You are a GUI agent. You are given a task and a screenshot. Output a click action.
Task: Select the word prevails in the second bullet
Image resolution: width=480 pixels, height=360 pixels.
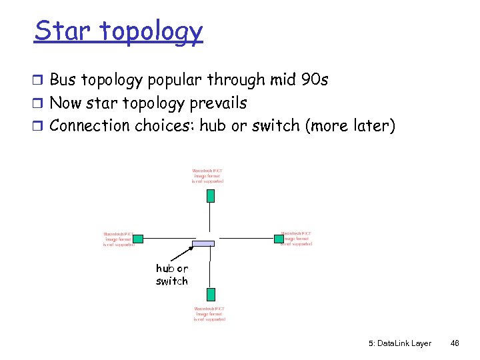coord(216,103)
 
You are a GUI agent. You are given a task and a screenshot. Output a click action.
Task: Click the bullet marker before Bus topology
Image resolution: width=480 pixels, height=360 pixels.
coord(39,81)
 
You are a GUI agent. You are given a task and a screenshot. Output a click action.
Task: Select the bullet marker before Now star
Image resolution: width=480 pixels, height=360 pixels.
coord(39,104)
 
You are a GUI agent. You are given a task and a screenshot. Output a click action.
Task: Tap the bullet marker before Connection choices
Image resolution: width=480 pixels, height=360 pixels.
coord(39,126)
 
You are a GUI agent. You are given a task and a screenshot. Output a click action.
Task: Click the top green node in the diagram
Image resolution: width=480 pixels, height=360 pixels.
coord(211,195)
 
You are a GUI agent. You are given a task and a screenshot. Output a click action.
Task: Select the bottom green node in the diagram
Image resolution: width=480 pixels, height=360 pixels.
coord(211,294)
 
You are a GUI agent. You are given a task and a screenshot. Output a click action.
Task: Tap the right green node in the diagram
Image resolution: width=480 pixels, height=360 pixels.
coord(279,238)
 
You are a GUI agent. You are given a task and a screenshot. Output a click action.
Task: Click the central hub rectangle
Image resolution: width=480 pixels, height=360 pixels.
coord(204,243)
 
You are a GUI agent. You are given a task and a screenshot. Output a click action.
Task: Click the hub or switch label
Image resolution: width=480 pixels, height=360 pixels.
coord(172,275)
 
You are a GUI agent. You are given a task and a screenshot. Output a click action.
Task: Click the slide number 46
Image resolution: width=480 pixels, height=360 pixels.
coord(455,343)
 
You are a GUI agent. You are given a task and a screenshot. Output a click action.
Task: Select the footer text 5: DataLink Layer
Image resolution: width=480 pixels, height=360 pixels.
coord(399,343)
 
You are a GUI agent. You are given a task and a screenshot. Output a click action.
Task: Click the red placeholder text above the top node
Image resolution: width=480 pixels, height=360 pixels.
coord(208,175)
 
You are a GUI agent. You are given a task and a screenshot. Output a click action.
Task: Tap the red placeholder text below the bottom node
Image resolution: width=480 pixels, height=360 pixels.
coord(209,314)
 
